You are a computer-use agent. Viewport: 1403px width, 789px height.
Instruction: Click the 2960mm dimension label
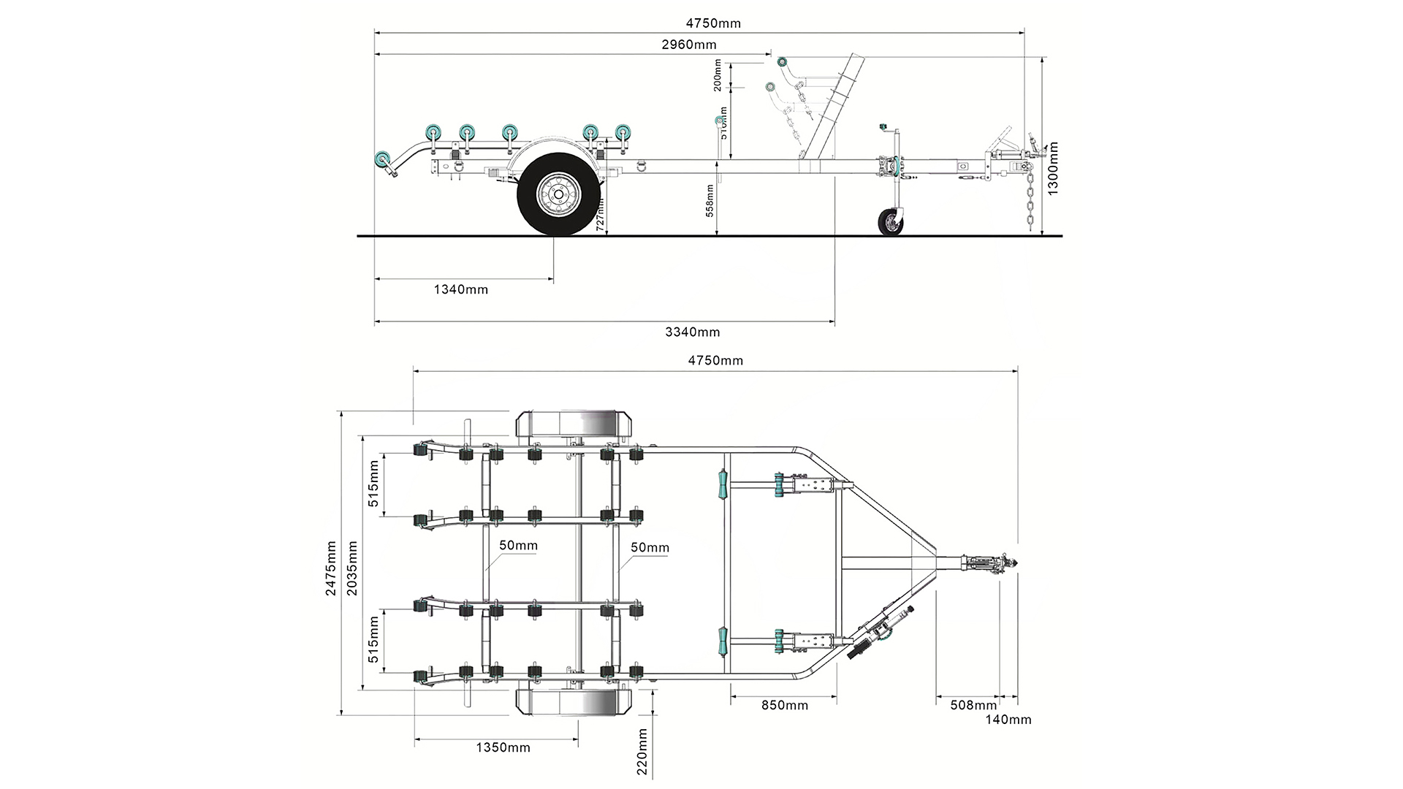coord(688,45)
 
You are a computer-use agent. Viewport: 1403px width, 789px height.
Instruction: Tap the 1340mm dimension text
coord(460,289)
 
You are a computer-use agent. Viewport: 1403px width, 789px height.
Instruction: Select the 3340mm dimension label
coord(692,332)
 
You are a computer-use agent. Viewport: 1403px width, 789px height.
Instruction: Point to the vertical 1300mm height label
coord(1053,169)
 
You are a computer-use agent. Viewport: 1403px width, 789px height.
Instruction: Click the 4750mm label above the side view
coord(712,23)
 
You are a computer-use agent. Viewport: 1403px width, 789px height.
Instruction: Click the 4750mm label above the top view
coord(715,360)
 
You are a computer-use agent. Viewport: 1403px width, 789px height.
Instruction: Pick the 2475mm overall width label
coord(332,568)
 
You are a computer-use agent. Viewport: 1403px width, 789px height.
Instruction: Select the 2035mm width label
coord(353,568)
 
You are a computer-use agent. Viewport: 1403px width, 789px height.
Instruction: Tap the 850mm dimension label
coord(784,705)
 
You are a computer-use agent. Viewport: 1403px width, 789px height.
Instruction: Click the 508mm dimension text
coord(973,705)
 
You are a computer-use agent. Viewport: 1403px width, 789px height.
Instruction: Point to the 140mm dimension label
coord(1008,720)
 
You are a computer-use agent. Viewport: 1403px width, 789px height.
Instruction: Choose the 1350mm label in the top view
coord(503,747)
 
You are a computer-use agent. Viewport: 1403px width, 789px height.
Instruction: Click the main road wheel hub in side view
coord(558,194)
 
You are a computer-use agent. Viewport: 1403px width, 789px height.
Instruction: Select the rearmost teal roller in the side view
coord(381,159)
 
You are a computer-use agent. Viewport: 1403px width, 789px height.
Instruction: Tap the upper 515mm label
coord(373,484)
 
